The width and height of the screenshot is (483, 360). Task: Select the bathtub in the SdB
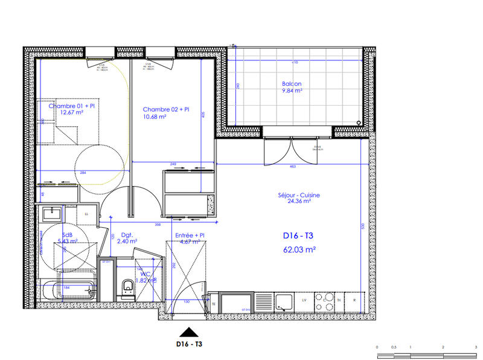[68, 291]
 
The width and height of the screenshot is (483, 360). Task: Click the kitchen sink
[284, 300]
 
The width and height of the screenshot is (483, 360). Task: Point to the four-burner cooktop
[326, 300]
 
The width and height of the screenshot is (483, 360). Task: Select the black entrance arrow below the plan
[190, 332]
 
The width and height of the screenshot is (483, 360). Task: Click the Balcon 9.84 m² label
[292, 88]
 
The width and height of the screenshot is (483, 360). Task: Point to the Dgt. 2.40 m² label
[127, 238]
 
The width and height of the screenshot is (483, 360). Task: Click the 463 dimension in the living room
[292, 166]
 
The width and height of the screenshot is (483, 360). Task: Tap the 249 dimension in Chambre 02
[173, 165]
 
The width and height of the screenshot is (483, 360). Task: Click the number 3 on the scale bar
[475, 347]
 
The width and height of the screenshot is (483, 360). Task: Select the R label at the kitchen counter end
[354, 300]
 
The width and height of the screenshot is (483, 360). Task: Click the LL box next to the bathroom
[86, 214]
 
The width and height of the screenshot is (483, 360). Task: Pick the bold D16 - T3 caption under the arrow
[190, 346]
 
